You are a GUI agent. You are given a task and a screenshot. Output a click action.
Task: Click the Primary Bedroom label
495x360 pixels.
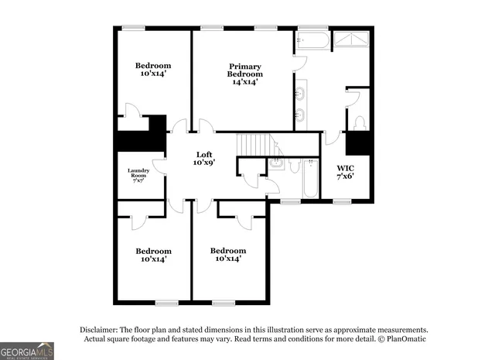[x=244, y=74]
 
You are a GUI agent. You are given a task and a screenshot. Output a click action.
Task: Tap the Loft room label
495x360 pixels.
[x=203, y=159]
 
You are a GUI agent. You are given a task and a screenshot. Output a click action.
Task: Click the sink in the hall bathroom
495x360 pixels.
[x=276, y=164]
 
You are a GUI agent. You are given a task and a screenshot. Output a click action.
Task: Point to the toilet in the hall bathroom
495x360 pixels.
[x=294, y=166]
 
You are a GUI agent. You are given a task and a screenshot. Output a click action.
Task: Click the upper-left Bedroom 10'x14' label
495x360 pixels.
[x=153, y=70]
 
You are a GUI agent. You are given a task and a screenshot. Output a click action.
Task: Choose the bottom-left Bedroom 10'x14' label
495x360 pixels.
[x=153, y=255]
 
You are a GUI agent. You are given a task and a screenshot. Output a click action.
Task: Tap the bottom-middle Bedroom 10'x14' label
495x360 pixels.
[x=229, y=255]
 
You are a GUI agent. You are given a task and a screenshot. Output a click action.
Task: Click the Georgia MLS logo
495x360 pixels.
[x=27, y=351]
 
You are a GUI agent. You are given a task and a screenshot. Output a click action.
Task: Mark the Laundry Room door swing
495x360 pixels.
[x=159, y=165]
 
